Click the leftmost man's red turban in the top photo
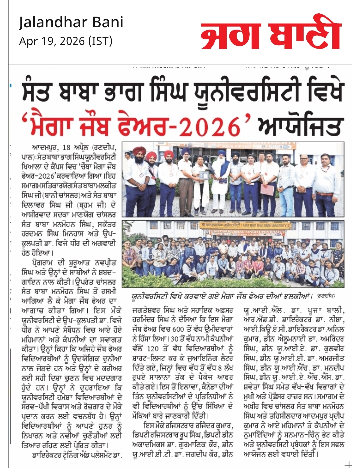pyautogui.click(x=139, y=151)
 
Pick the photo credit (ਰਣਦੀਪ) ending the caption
pyautogui.click(x=326, y=296)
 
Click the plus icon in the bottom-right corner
pyautogui.click(x=348, y=464)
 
